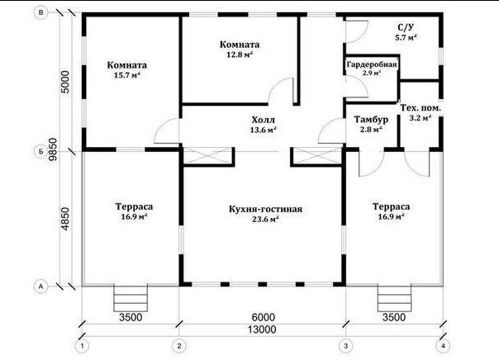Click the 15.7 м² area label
point(127,75)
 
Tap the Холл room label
point(264,121)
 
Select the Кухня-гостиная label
point(265,209)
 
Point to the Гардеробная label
point(372,64)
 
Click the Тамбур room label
point(371,120)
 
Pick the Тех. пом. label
point(421,108)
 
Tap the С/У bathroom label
point(406,27)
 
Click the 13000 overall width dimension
point(262,329)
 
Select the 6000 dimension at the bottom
point(263,317)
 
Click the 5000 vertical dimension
point(65,82)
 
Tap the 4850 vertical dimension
point(65,219)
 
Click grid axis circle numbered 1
point(83,346)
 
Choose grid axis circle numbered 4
point(444,346)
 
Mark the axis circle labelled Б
point(40,152)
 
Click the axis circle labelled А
point(40,287)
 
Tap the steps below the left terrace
point(131,299)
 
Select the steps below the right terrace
point(394,299)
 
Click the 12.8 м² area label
point(240,54)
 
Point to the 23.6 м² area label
point(265,219)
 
